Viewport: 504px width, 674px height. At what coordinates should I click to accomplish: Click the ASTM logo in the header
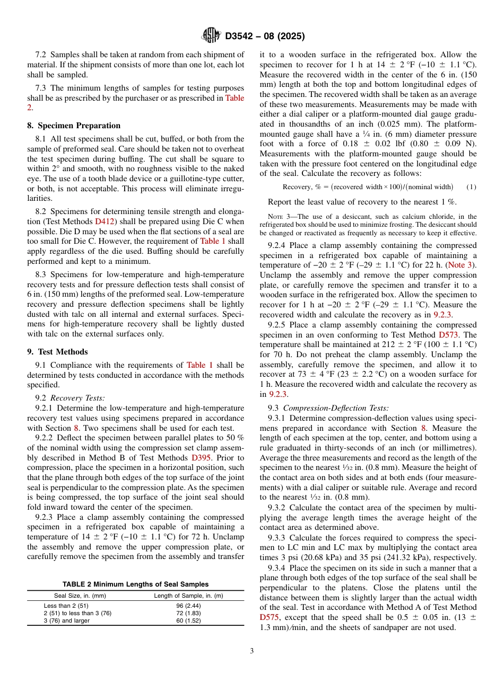click(211, 36)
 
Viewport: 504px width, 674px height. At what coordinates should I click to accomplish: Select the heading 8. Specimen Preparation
click(74, 126)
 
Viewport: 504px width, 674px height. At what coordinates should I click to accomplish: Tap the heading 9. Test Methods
click(57, 352)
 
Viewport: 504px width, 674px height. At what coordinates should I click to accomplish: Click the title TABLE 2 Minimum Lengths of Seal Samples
click(135, 584)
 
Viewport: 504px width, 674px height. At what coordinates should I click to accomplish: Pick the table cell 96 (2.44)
click(188, 606)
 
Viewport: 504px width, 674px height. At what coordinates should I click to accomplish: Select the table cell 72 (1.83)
click(188, 613)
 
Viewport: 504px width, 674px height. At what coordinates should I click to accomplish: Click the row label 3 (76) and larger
click(66, 620)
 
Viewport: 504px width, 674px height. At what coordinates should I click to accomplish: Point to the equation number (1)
click(471, 187)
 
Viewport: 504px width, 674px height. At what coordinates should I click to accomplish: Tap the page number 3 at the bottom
click(251, 651)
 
